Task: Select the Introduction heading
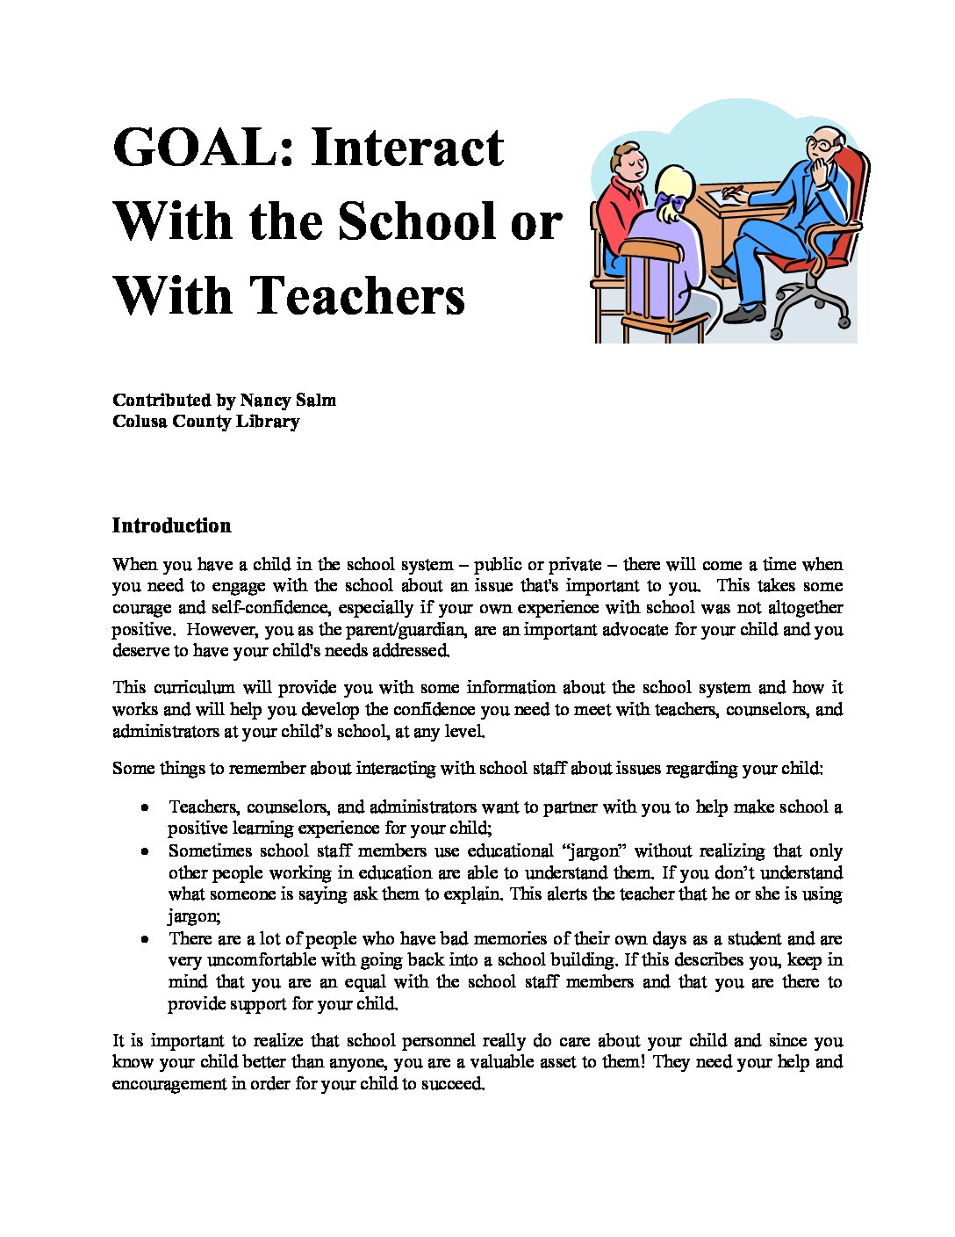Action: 172,525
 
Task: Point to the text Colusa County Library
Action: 206,422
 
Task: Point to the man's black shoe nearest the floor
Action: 743,314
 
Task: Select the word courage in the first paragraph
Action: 142,608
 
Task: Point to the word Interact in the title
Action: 407,148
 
